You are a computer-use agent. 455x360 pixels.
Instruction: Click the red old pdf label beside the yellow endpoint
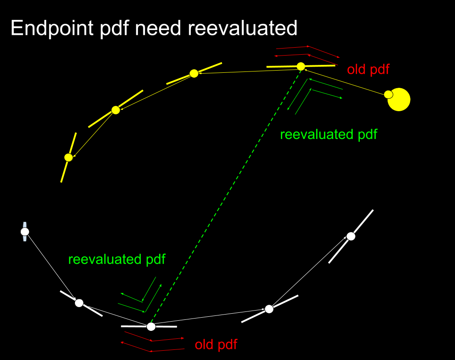coord(368,69)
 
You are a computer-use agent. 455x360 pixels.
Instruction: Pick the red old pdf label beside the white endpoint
coord(216,345)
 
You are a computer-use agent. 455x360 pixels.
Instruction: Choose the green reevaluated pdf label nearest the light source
coord(328,135)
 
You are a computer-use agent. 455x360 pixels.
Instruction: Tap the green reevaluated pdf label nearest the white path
coord(117,259)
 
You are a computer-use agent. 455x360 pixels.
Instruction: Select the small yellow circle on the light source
coord(388,94)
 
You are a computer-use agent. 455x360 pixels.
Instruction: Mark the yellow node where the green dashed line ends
coord(301,66)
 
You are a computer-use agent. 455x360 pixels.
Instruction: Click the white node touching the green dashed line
coord(151,326)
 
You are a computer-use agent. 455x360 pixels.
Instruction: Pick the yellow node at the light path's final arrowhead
coord(68,157)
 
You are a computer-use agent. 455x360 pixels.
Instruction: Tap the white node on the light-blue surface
coord(25,232)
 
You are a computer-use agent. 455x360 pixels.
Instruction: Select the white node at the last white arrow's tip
coord(351,236)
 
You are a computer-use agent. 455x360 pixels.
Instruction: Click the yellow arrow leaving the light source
coord(344,80)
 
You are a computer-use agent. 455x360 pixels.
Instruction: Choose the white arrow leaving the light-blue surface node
coord(52,266)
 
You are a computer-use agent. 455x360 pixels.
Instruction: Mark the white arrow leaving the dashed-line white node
coord(209,318)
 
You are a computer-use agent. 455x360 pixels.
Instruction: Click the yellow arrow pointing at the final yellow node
coord(92,133)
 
